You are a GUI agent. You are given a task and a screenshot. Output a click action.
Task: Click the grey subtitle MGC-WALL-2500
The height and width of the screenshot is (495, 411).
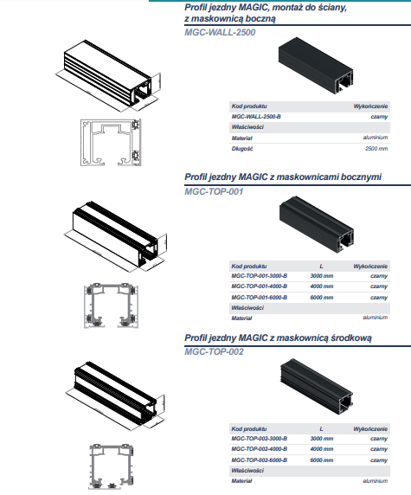pyautogui.click(x=220, y=33)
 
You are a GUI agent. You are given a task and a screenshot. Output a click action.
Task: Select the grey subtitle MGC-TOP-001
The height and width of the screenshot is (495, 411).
pyautogui.click(x=214, y=191)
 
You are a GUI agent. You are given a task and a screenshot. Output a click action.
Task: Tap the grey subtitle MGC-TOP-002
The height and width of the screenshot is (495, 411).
pyautogui.click(x=214, y=351)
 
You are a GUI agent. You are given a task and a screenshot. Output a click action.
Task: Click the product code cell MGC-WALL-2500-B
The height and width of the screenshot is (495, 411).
pyautogui.click(x=256, y=117)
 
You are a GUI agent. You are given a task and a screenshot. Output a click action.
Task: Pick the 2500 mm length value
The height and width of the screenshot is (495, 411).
pyautogui.click(x=376, y=148)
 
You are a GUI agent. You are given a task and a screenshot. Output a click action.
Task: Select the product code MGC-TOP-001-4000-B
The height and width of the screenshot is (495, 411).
pyautogui.click(x=260, y=286)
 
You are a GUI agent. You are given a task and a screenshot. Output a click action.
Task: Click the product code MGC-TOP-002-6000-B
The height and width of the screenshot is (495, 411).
pyautogui.click(x=260, y=460)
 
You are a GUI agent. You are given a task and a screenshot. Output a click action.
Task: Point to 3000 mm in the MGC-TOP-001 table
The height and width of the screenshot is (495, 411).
pyautogui.click(x=322, y=276)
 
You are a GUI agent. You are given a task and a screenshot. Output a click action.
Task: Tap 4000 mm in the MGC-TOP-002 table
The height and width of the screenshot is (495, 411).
pyautogui.click(x=322, y=449)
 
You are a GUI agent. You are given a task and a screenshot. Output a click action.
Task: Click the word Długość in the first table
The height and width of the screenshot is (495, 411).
pyautogui.click(x=242, y=148)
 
